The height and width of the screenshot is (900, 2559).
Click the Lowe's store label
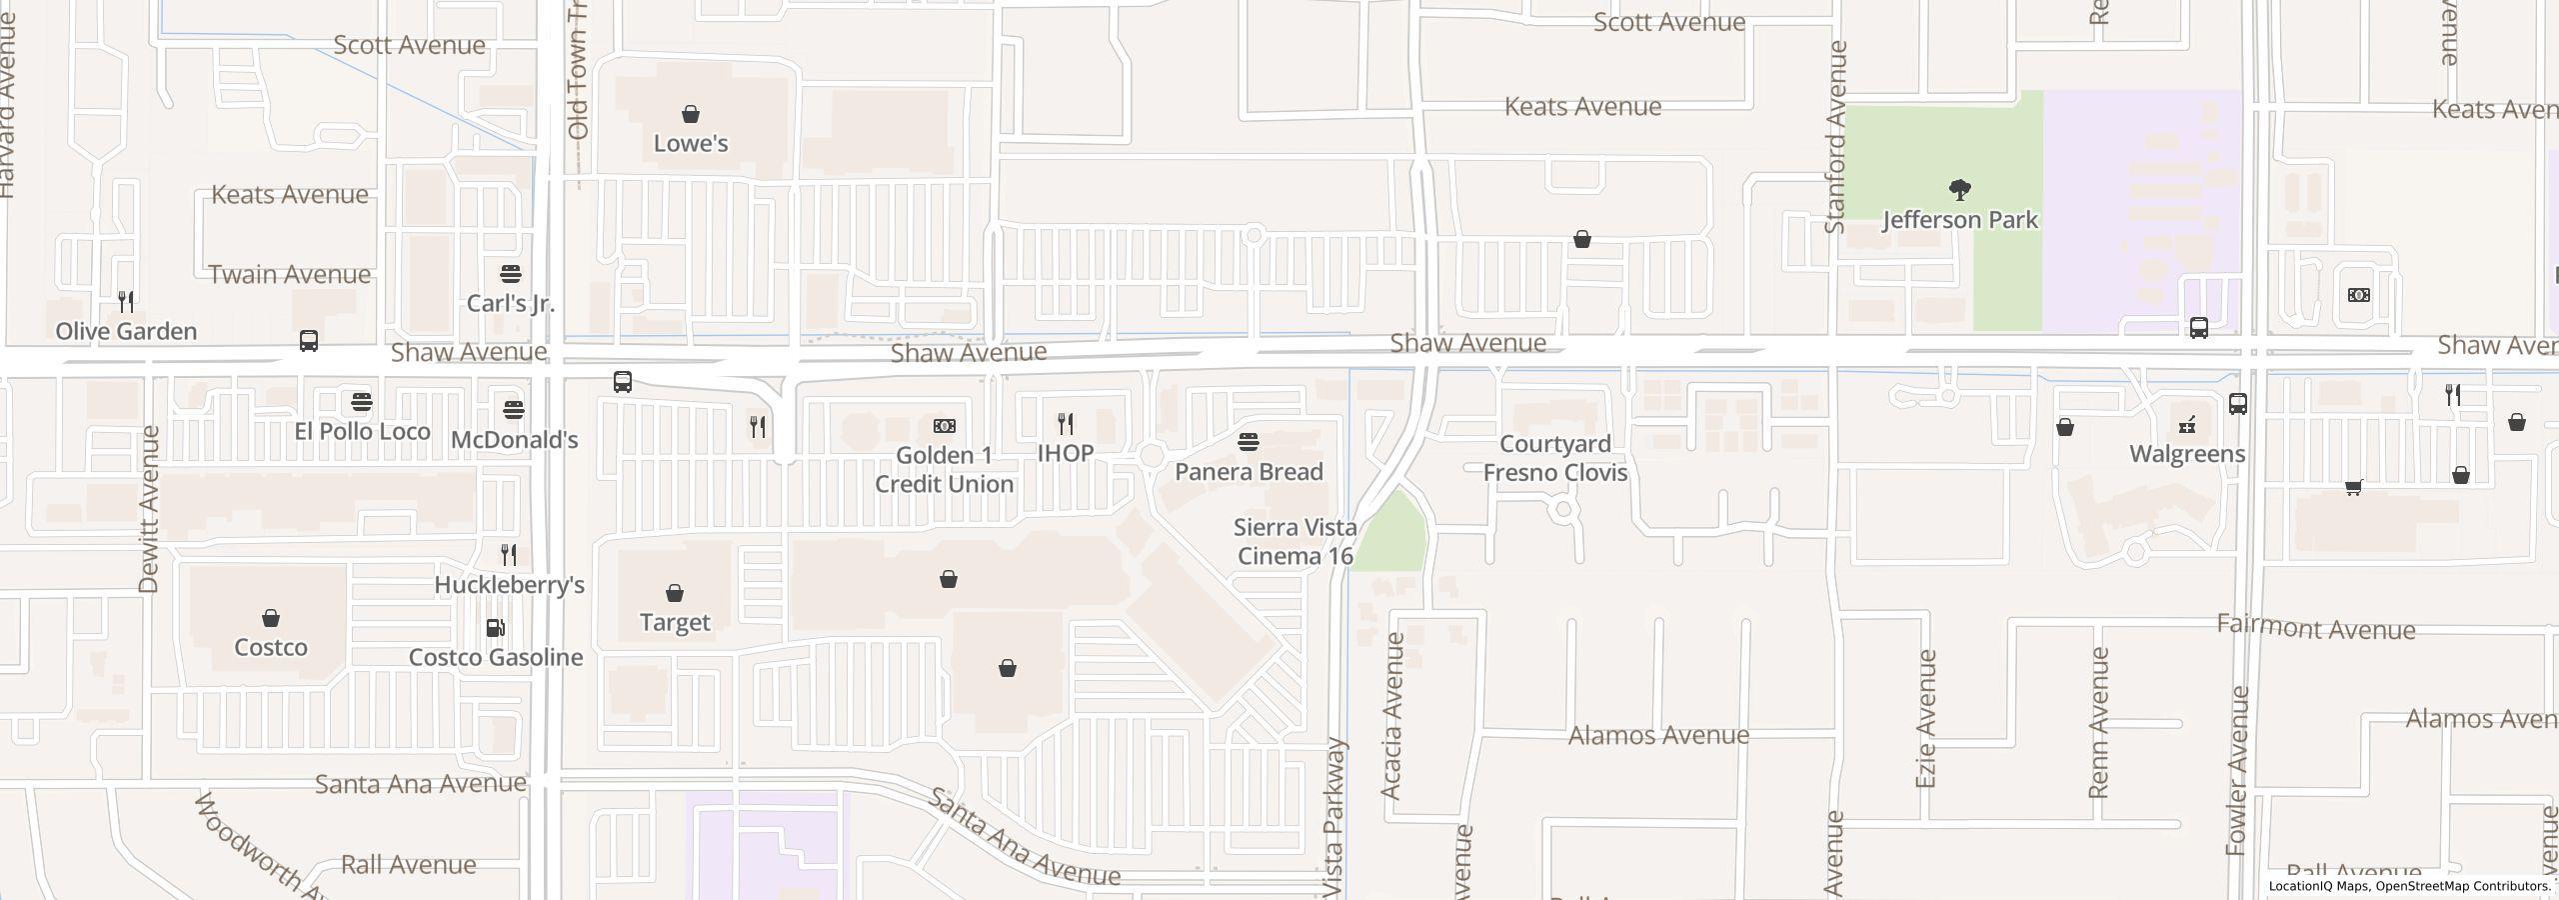(690, 143)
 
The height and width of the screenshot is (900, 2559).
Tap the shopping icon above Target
(675, 593)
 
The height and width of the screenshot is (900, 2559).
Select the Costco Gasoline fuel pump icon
(495, 628)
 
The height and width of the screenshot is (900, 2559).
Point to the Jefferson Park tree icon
(1959, 189)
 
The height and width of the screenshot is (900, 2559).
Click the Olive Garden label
(126, 331)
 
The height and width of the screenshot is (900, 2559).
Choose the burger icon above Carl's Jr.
(511, 274)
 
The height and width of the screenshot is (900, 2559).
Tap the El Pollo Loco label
(362, 431)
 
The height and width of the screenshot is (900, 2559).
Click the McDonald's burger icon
(514, 409)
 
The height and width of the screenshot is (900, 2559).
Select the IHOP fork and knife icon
(1066, 424)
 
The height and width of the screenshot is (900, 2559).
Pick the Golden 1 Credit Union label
(944, 469)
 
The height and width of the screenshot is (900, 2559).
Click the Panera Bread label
(1249, 471)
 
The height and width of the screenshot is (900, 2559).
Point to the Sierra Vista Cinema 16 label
(1294, 541)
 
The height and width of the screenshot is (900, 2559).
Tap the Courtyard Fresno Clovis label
(1554, 458)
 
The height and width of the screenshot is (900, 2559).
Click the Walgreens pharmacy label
(2187, 454)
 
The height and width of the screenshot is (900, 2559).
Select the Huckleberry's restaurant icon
(509, 554)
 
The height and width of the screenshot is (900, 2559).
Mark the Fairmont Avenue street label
(2315, 627)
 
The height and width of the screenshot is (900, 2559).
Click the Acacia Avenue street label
(1392, 715)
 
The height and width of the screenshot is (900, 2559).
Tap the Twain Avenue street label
(289, 274)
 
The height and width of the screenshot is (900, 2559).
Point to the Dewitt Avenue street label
(150, 509)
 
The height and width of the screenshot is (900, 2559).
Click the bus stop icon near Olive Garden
(309, 341)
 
